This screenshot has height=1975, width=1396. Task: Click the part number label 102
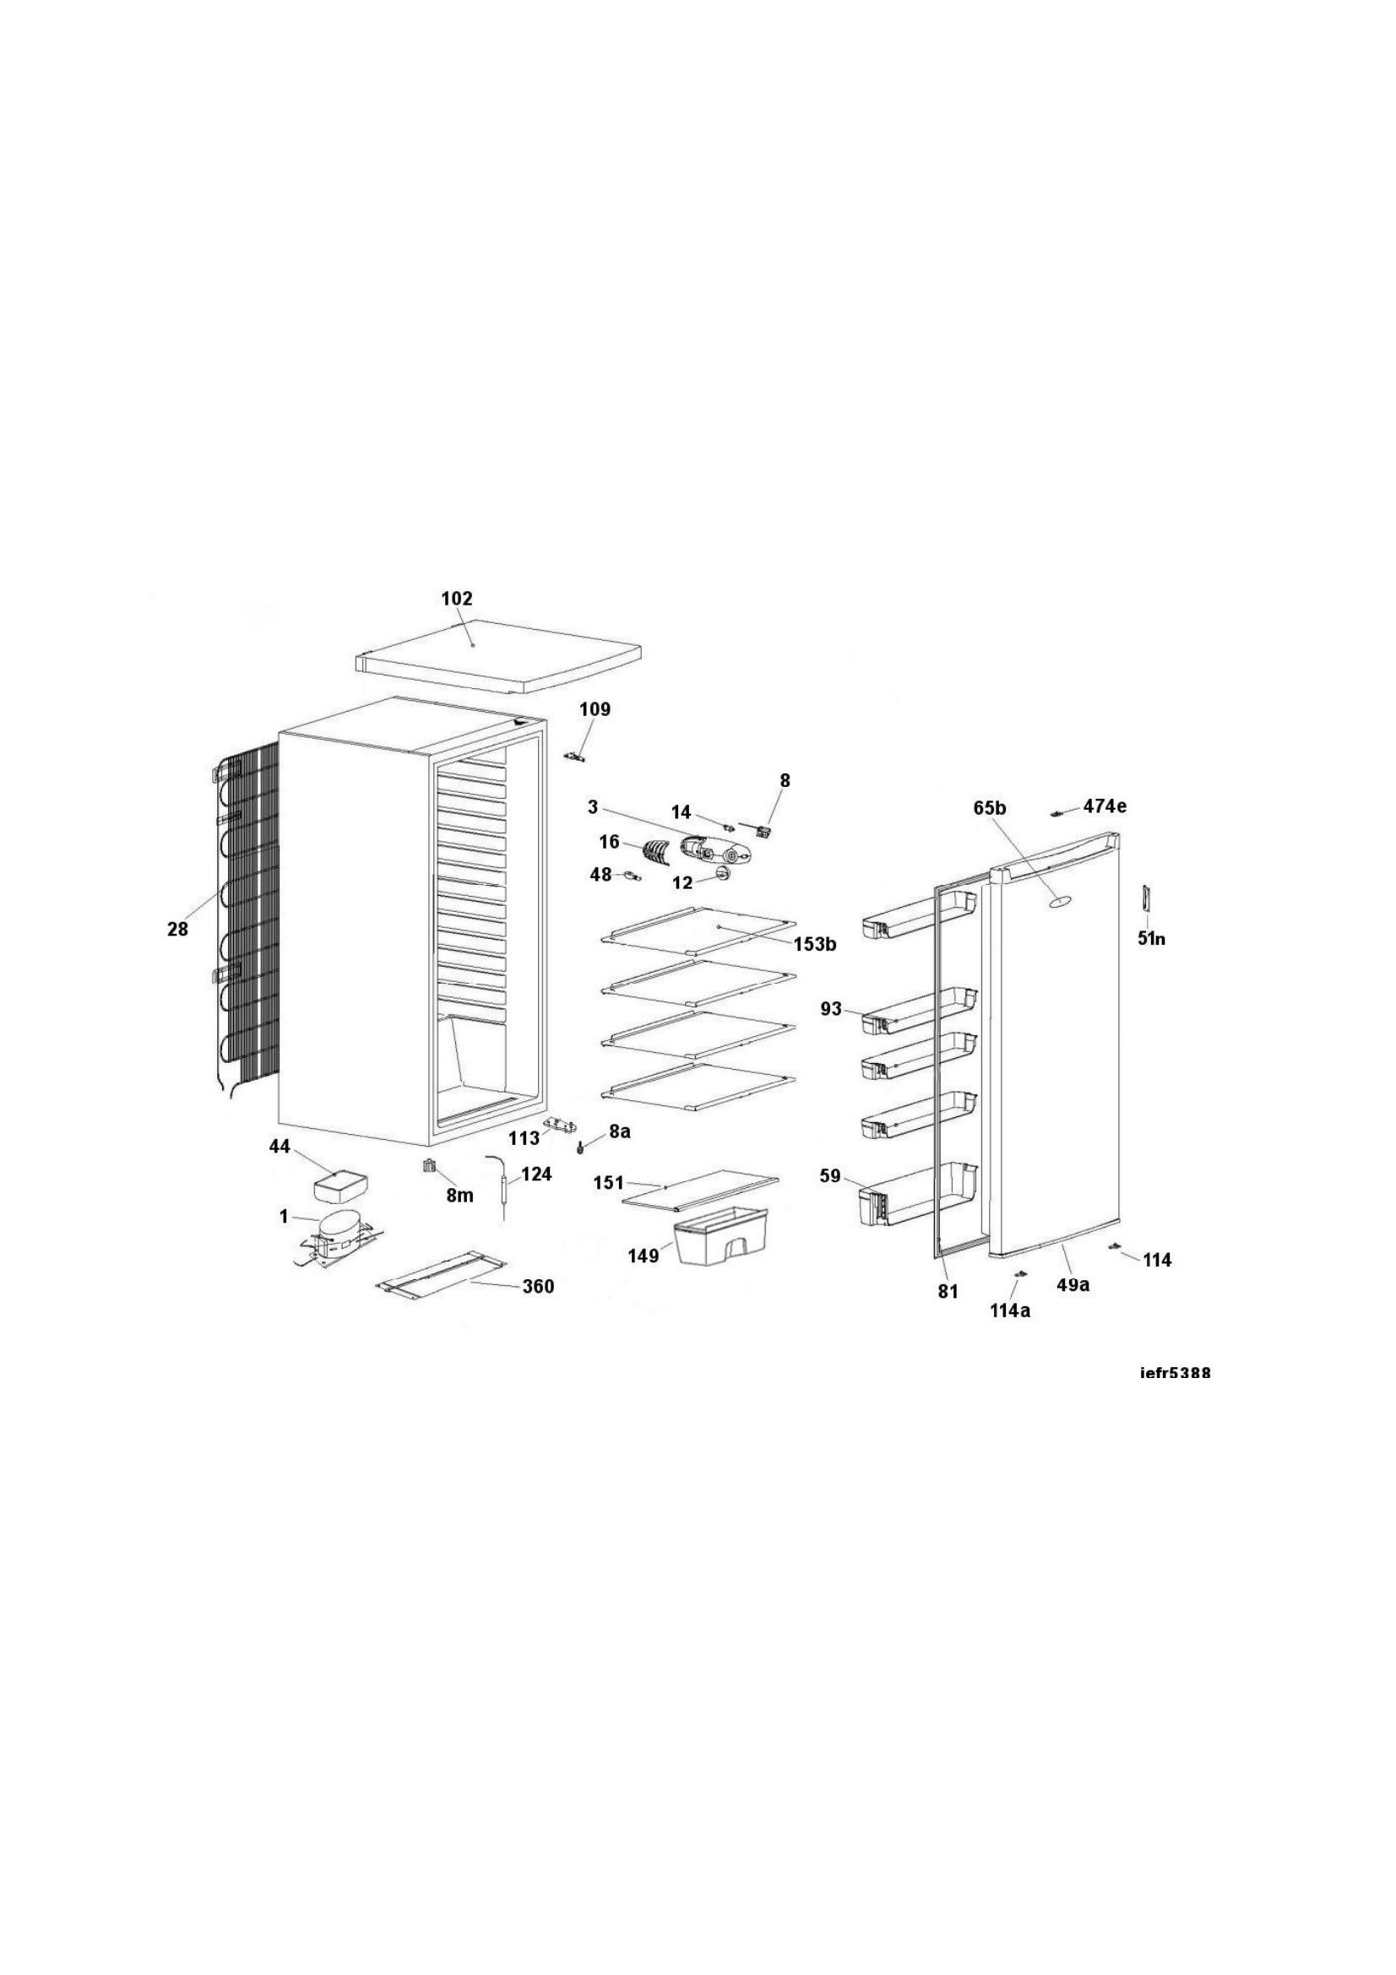click(x=457, y=599)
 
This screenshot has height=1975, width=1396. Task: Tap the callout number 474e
click(x=1105, y=806)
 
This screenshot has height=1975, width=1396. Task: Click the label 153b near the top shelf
click(x=816, y=945)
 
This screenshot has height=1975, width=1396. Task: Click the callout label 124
click(x=536, y=1175)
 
